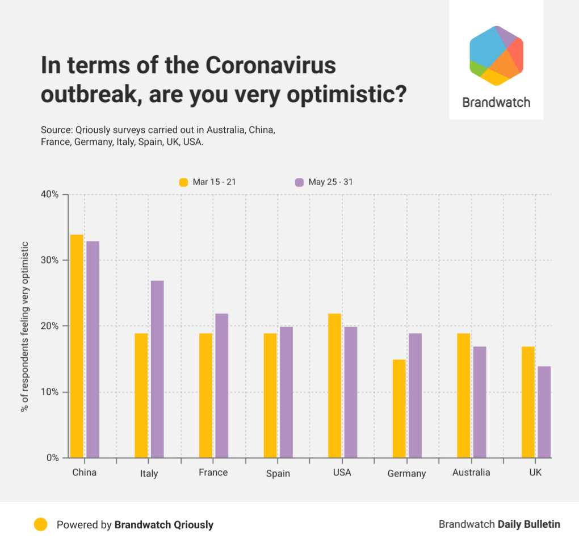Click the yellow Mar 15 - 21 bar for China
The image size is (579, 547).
pos(77,346)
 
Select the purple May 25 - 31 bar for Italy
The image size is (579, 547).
pos(157,369)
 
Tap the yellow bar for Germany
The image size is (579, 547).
pos(399,408)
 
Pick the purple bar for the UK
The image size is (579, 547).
pos(544,412)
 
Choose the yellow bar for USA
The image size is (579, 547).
pos(335,386)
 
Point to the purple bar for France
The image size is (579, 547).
pos(221,386)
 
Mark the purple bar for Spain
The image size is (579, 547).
pos(286,392)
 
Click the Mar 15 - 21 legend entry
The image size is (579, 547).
pos(208,182)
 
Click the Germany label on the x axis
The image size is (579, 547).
pos(406,474)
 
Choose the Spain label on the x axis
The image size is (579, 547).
pos(278,474)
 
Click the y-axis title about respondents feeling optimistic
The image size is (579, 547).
pos(25,326)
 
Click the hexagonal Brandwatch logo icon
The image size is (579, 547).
pos(496,56)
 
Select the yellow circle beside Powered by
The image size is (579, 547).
pos(40,524)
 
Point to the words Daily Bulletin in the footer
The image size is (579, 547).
pos(528,524)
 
